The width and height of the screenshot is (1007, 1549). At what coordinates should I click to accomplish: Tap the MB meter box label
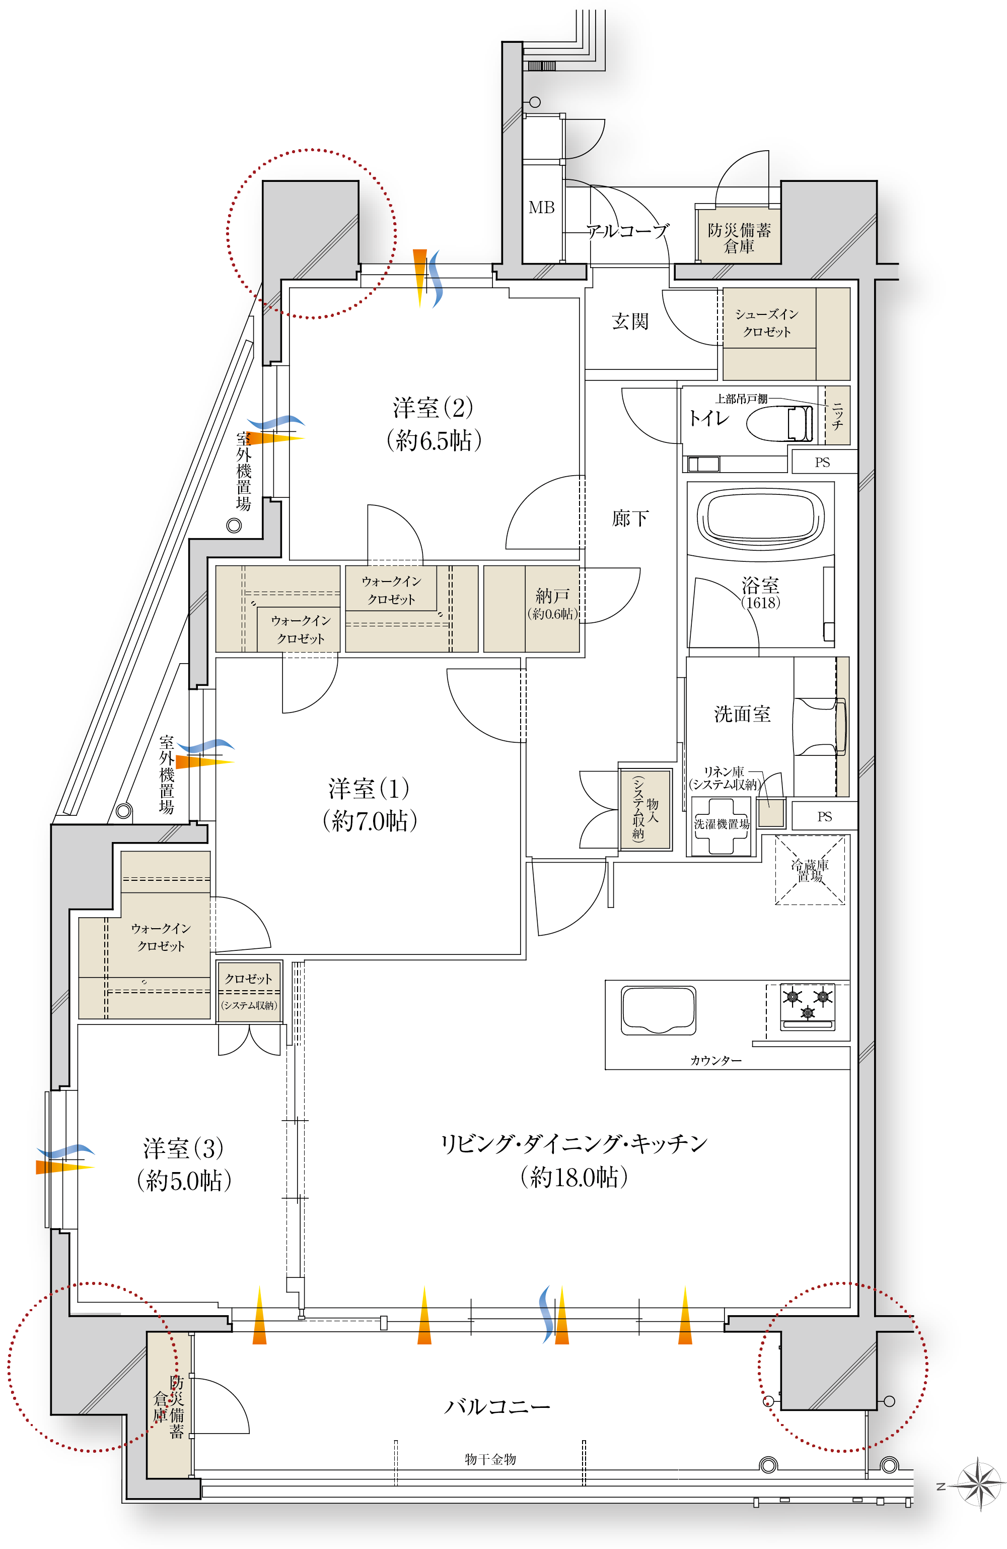(x=541, y=208)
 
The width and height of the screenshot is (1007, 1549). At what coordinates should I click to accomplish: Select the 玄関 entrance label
(x=630, y=321)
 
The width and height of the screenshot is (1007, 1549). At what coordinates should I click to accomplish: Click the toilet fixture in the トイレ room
(x=779, y=424)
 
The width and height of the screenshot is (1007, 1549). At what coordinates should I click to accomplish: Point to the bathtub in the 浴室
(x=760, y=518)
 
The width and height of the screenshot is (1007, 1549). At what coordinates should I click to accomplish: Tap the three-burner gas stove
(x=807, y=1006)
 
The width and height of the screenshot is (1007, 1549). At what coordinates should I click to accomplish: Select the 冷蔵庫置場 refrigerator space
(x=810, y=870)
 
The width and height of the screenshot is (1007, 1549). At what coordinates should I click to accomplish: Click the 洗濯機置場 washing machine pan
(x=722, y=825)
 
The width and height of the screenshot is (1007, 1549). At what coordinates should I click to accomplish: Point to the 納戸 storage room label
(x=552, y=595)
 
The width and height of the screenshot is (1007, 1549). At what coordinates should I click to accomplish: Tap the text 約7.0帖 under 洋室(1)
(x=370, y=821)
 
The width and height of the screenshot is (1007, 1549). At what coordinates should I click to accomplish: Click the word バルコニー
(x=497, y=1407)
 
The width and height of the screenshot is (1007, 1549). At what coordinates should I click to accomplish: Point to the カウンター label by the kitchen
(x=715, y=1060)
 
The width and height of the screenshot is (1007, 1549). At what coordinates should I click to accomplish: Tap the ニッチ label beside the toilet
(x=837, y=415)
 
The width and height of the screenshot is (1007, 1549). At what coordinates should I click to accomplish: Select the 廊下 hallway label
(x=630, y=518)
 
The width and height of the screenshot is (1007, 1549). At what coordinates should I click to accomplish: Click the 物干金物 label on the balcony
(x=490, y=1459)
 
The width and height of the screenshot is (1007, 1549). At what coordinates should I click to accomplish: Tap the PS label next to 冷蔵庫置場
(x=824, y=816)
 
